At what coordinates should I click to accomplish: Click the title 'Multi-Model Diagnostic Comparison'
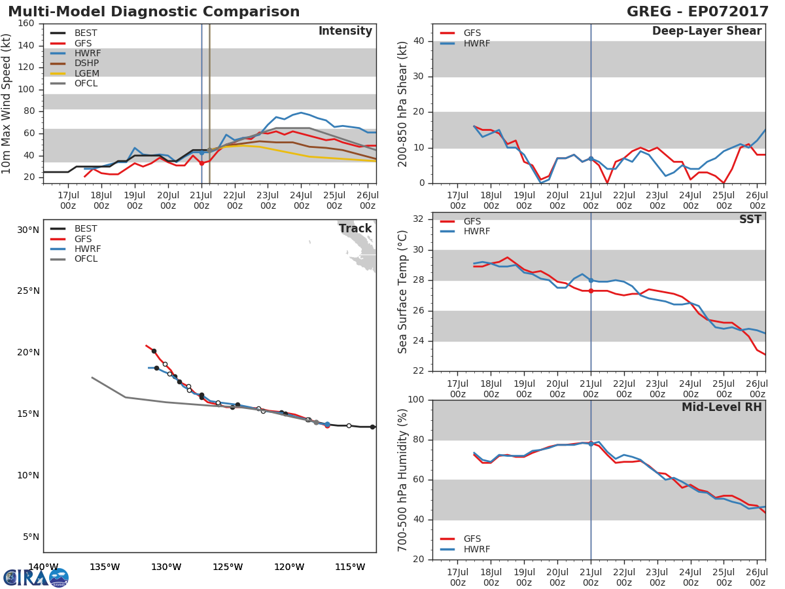[154, 12]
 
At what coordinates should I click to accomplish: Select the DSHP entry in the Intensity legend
[86, 63]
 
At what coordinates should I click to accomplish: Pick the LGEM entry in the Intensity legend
[86, 73]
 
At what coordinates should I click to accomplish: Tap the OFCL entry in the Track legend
[86, 259]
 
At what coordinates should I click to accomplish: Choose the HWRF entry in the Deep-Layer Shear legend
[476, 44]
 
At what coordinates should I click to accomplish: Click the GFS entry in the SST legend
[472, 221]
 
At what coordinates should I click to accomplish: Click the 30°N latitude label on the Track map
[28, 230]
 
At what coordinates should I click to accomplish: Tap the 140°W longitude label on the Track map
[43, 567]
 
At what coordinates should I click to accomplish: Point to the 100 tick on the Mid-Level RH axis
[415, 400]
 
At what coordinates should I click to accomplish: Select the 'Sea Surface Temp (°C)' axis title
[403, 291]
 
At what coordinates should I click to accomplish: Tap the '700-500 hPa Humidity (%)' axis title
[403, 480]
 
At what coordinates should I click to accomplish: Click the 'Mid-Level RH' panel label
[722, 408]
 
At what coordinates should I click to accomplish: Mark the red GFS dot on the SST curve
[591, 291]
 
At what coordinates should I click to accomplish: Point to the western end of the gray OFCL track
[92, 377]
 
